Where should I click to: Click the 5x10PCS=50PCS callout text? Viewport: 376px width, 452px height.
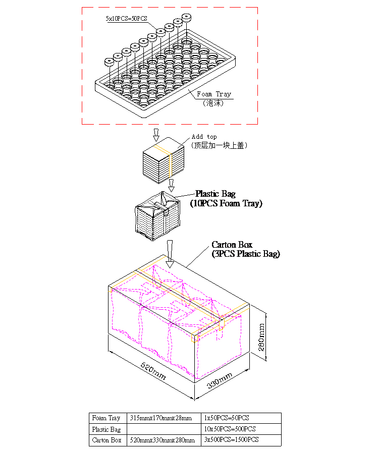coord(126,19)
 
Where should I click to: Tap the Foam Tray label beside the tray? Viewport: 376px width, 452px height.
coord(214,94)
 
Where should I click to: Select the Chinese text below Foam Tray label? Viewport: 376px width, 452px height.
coord(213,103)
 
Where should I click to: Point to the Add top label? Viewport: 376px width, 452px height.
coord(204,136)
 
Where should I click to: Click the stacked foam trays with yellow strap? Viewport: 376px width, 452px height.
coord(164,160)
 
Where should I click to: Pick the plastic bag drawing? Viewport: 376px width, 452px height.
coord(158,216)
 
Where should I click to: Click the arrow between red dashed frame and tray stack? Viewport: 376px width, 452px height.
coord(156,135)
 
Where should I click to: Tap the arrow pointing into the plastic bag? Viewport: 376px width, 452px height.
coord(171,186)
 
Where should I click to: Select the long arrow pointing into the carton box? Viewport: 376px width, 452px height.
coord(170,254)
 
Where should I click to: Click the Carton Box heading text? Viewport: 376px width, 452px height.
coord(232,245)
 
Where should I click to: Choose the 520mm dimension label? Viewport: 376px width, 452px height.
coord(153,371)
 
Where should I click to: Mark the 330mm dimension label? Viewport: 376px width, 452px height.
coord(220,380)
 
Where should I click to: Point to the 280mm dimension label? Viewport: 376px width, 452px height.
coord(261,337)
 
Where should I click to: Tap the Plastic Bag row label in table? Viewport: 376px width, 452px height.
coord(106,429)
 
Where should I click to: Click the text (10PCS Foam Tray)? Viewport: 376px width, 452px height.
coord(226,203)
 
